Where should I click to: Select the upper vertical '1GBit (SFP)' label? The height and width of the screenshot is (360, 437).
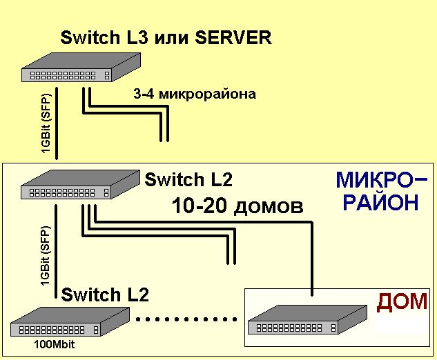[45, 125]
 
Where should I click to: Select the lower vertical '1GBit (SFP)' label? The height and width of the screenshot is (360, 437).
[45, 256]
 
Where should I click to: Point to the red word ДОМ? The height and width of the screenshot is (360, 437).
[402, 302]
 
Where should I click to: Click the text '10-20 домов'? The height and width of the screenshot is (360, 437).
[237, 206]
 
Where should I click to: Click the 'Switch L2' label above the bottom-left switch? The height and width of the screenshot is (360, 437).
[105, 295]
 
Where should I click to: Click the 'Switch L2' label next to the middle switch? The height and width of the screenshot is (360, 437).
[188, 180]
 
